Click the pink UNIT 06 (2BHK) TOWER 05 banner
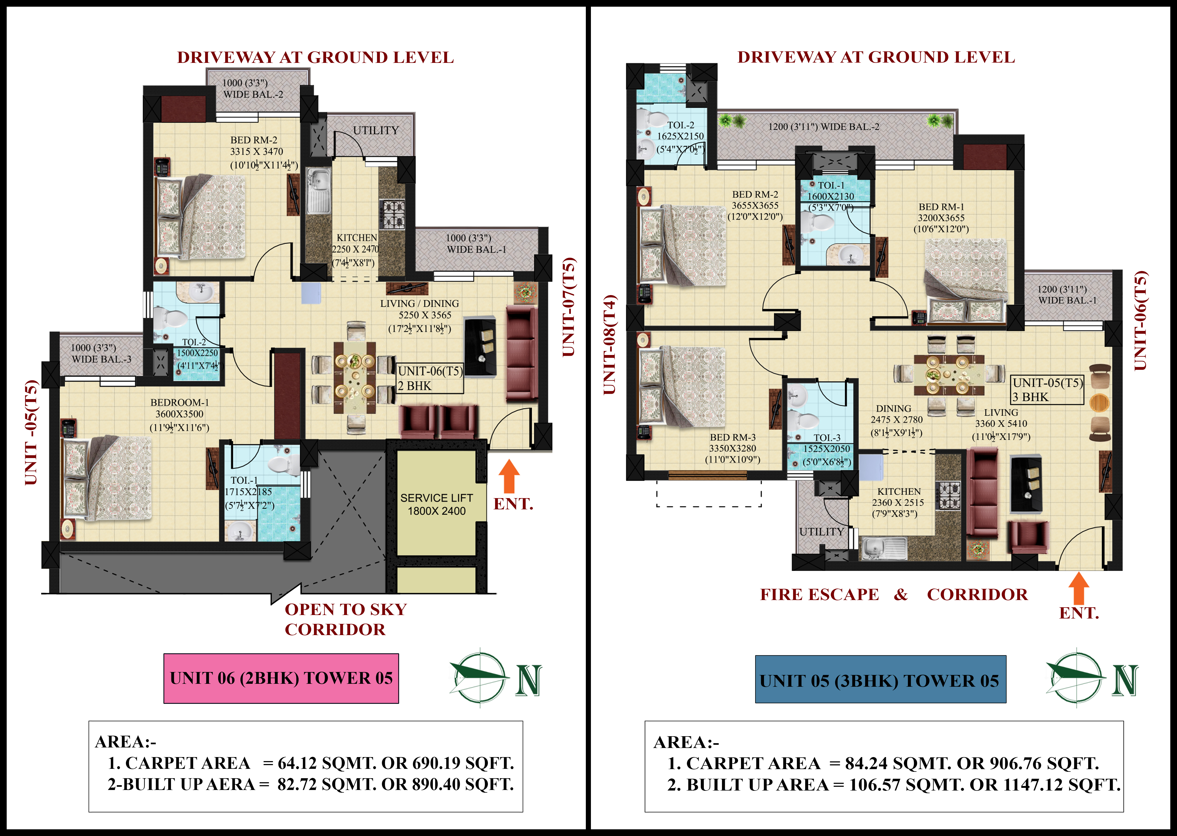[281, 678]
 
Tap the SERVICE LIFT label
[436, 498]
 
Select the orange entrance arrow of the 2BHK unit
[509, 476]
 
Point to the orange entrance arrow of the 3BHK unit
[1079, 588]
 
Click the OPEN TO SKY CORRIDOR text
[346, 619]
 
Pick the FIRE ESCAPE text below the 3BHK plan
[820, 595]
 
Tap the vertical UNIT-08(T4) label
[610, 345]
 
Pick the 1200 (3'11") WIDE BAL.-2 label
[823, 127]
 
